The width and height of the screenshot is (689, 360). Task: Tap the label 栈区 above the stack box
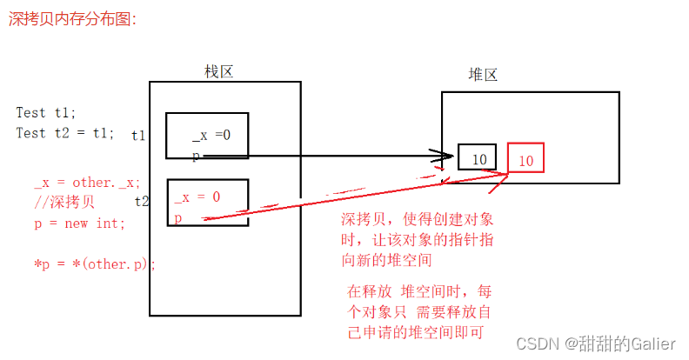[x=218, y=71]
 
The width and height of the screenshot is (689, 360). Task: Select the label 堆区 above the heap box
[x=483, y=75]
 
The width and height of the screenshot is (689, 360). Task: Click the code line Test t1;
[x=46, y=113]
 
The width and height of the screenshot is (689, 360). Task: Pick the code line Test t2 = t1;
[x=64, y=133]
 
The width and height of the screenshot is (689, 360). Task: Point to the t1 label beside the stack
[x=139, y=135]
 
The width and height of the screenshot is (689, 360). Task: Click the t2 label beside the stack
[x=142, y=200]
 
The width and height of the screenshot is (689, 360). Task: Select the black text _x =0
[x=211, y=134]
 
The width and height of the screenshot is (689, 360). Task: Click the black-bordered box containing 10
[x=477, y=157]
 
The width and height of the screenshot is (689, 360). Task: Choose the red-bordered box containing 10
[x=527, y=160]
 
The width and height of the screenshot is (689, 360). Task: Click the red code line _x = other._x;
[x=87, y=183]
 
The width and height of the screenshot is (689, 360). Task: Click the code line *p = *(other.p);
[x=94, y=263]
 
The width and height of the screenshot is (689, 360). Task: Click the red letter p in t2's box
[x=178, y=217]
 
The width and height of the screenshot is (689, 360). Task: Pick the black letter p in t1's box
[x=196, y=156]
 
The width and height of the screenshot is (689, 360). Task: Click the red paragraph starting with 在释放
[x=419, y=311]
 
